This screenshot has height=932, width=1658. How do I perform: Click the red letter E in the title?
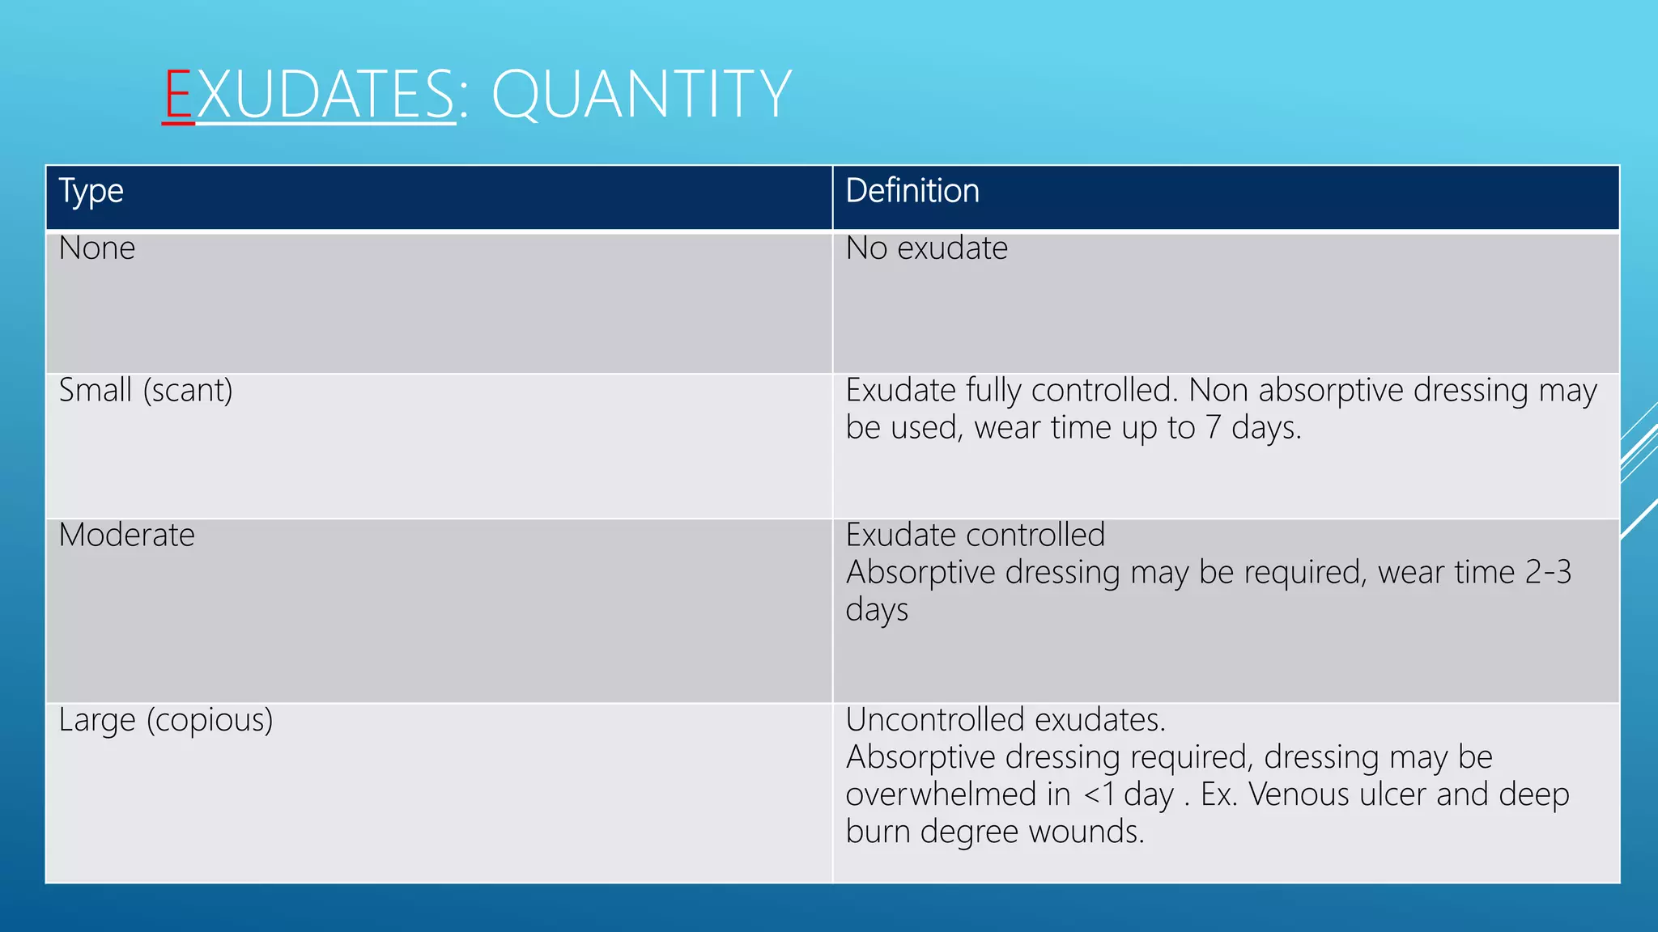tap(178, 95)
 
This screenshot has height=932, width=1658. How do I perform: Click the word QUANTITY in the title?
tap(641, 95)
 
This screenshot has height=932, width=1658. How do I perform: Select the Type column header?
tap(91, 192)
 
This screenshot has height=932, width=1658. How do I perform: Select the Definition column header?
tap(912, 192)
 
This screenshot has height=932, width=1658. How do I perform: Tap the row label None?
tap(97, 248)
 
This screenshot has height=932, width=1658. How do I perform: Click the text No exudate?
tap(926, 248)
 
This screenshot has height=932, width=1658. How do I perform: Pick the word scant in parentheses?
tap(188, 391)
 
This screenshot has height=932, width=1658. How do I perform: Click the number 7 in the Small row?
tap(1213, 427)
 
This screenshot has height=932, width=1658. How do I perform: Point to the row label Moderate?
tap(127, 536)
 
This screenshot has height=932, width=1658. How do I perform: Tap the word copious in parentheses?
tap(210, 721)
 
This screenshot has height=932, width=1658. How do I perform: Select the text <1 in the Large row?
tap(1099, 794)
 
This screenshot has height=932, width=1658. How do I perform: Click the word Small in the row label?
tap(96, 391)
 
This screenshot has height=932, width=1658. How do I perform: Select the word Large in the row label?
tap(97, 721)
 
